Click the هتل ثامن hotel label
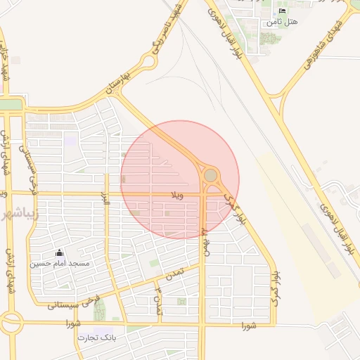point(282,22)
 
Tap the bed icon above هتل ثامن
point(283,11)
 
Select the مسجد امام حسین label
point(59,264)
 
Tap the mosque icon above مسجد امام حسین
point(59,253)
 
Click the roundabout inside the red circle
point(210,174)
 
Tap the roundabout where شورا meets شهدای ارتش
point(12,323)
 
